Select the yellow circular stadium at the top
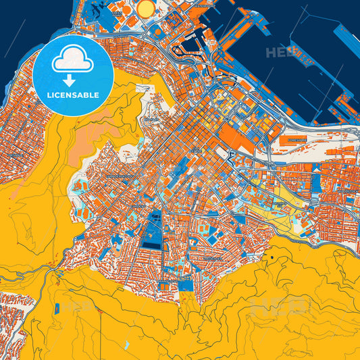tap(147, 8)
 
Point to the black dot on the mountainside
tap(272, 257)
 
